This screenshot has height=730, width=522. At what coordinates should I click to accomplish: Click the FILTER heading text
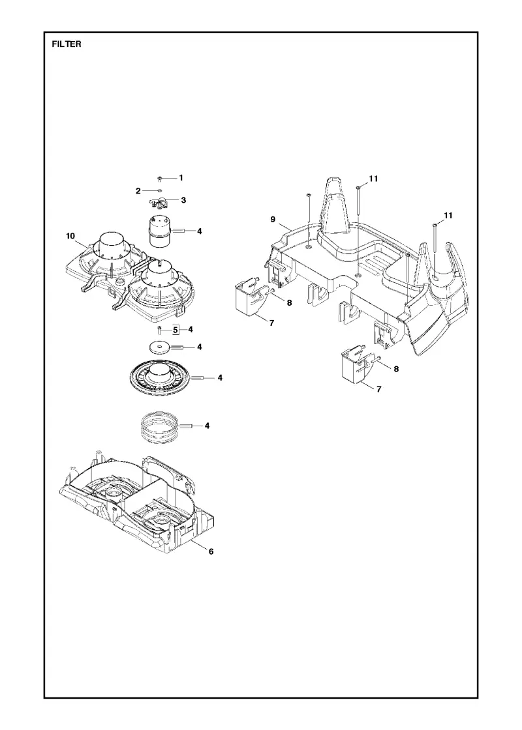67,44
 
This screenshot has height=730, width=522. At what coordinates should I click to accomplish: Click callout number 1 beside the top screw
181,177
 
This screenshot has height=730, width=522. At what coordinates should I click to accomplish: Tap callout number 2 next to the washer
138,191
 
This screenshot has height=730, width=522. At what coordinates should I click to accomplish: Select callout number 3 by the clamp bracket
183,199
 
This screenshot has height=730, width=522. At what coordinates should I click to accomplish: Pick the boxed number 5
176,330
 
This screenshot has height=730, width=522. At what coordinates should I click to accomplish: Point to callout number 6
211,551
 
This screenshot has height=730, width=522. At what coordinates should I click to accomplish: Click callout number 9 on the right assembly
273,219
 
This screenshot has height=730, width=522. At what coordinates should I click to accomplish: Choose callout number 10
70,236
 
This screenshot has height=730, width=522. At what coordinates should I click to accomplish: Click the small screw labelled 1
160,179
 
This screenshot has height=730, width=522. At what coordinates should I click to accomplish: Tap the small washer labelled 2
159,190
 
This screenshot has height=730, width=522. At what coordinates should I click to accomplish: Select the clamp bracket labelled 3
159,203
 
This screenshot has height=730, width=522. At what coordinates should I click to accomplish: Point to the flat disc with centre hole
159,347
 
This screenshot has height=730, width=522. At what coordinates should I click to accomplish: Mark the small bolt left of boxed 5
159,330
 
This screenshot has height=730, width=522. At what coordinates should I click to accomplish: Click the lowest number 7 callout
378,389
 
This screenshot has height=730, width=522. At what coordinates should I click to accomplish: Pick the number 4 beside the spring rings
207,426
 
